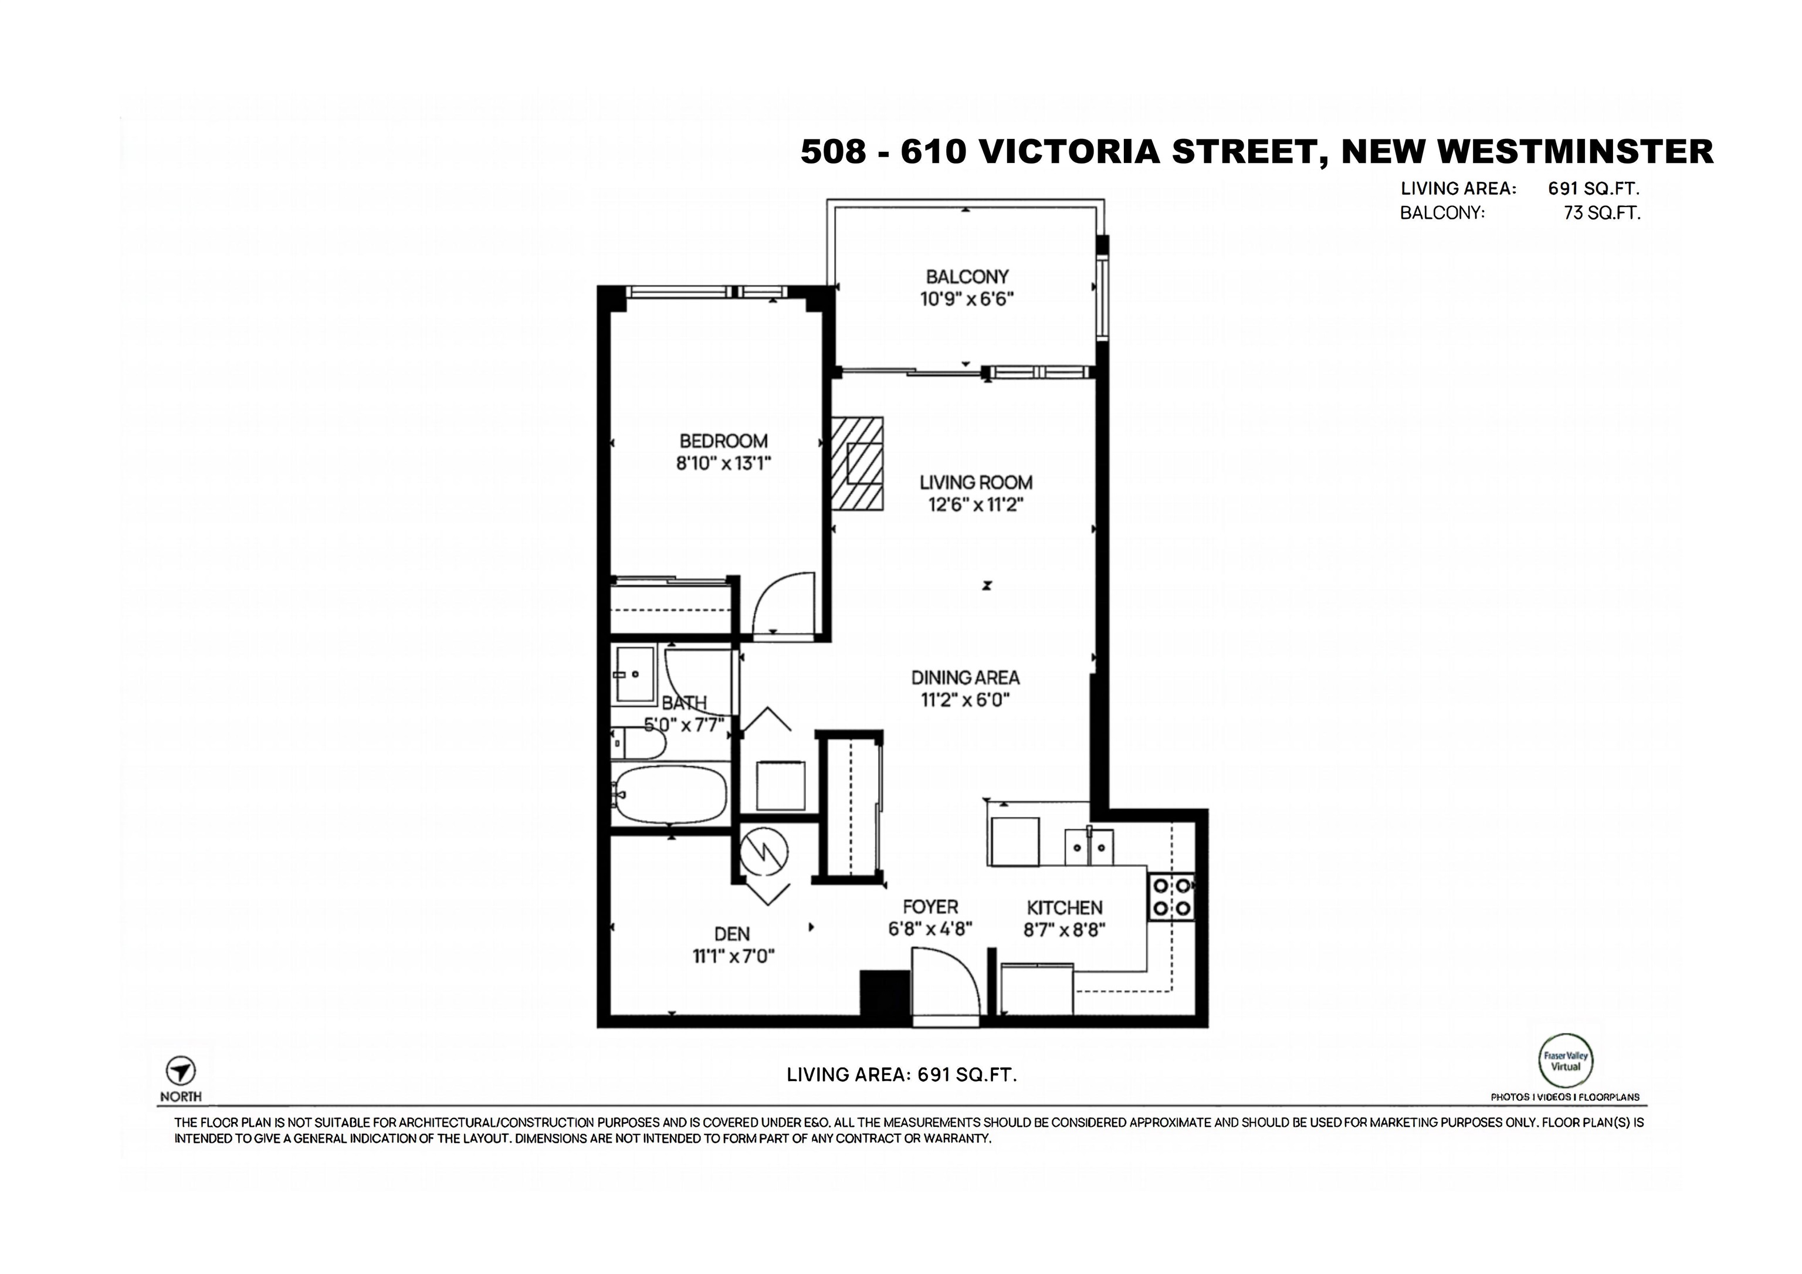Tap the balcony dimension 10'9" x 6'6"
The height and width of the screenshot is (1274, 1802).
click(x=967, y=299)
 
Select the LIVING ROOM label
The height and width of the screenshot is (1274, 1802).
click(x=975, y=482)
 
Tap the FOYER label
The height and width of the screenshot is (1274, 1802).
click(x=930, y=907)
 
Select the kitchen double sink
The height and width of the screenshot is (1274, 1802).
click(x=1089, y=847)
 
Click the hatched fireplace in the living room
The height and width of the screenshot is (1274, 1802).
click(x=857, y=463)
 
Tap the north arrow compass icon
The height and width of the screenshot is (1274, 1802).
click(x=181, y=1070)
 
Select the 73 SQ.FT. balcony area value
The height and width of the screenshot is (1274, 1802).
click(x=1602, y=213)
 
